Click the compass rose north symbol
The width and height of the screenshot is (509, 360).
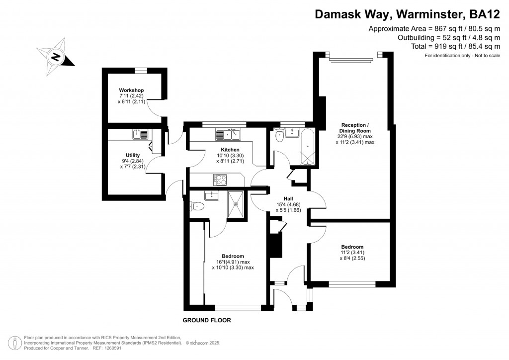click(x=56, y=57)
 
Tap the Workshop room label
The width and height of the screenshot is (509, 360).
click(x=131, y=90)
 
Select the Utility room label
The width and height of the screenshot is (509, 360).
click(x=133, y=155)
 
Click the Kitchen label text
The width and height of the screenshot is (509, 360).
click(x=230, y=150)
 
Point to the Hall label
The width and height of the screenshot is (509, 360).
click(x=288, y=199)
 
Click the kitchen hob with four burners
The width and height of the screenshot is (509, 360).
click(x=220, y=180)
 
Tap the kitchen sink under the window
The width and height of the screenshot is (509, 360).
click(x=228, y=134)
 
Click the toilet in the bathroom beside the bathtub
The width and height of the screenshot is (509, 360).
click(x=279, y=135)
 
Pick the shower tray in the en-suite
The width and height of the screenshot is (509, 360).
click(x=235, y=204)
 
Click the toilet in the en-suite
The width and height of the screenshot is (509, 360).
click(x=197, y=206)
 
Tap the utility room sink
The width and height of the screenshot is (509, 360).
click(x=140, y=134)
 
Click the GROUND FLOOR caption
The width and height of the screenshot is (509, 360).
click(x=207, y=320)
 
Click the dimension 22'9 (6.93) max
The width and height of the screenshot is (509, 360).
click(x=355, y=136)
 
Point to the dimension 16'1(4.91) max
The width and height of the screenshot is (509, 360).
click(x=233, y=262)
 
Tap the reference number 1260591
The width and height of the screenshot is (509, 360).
click(x=112, y=348)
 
